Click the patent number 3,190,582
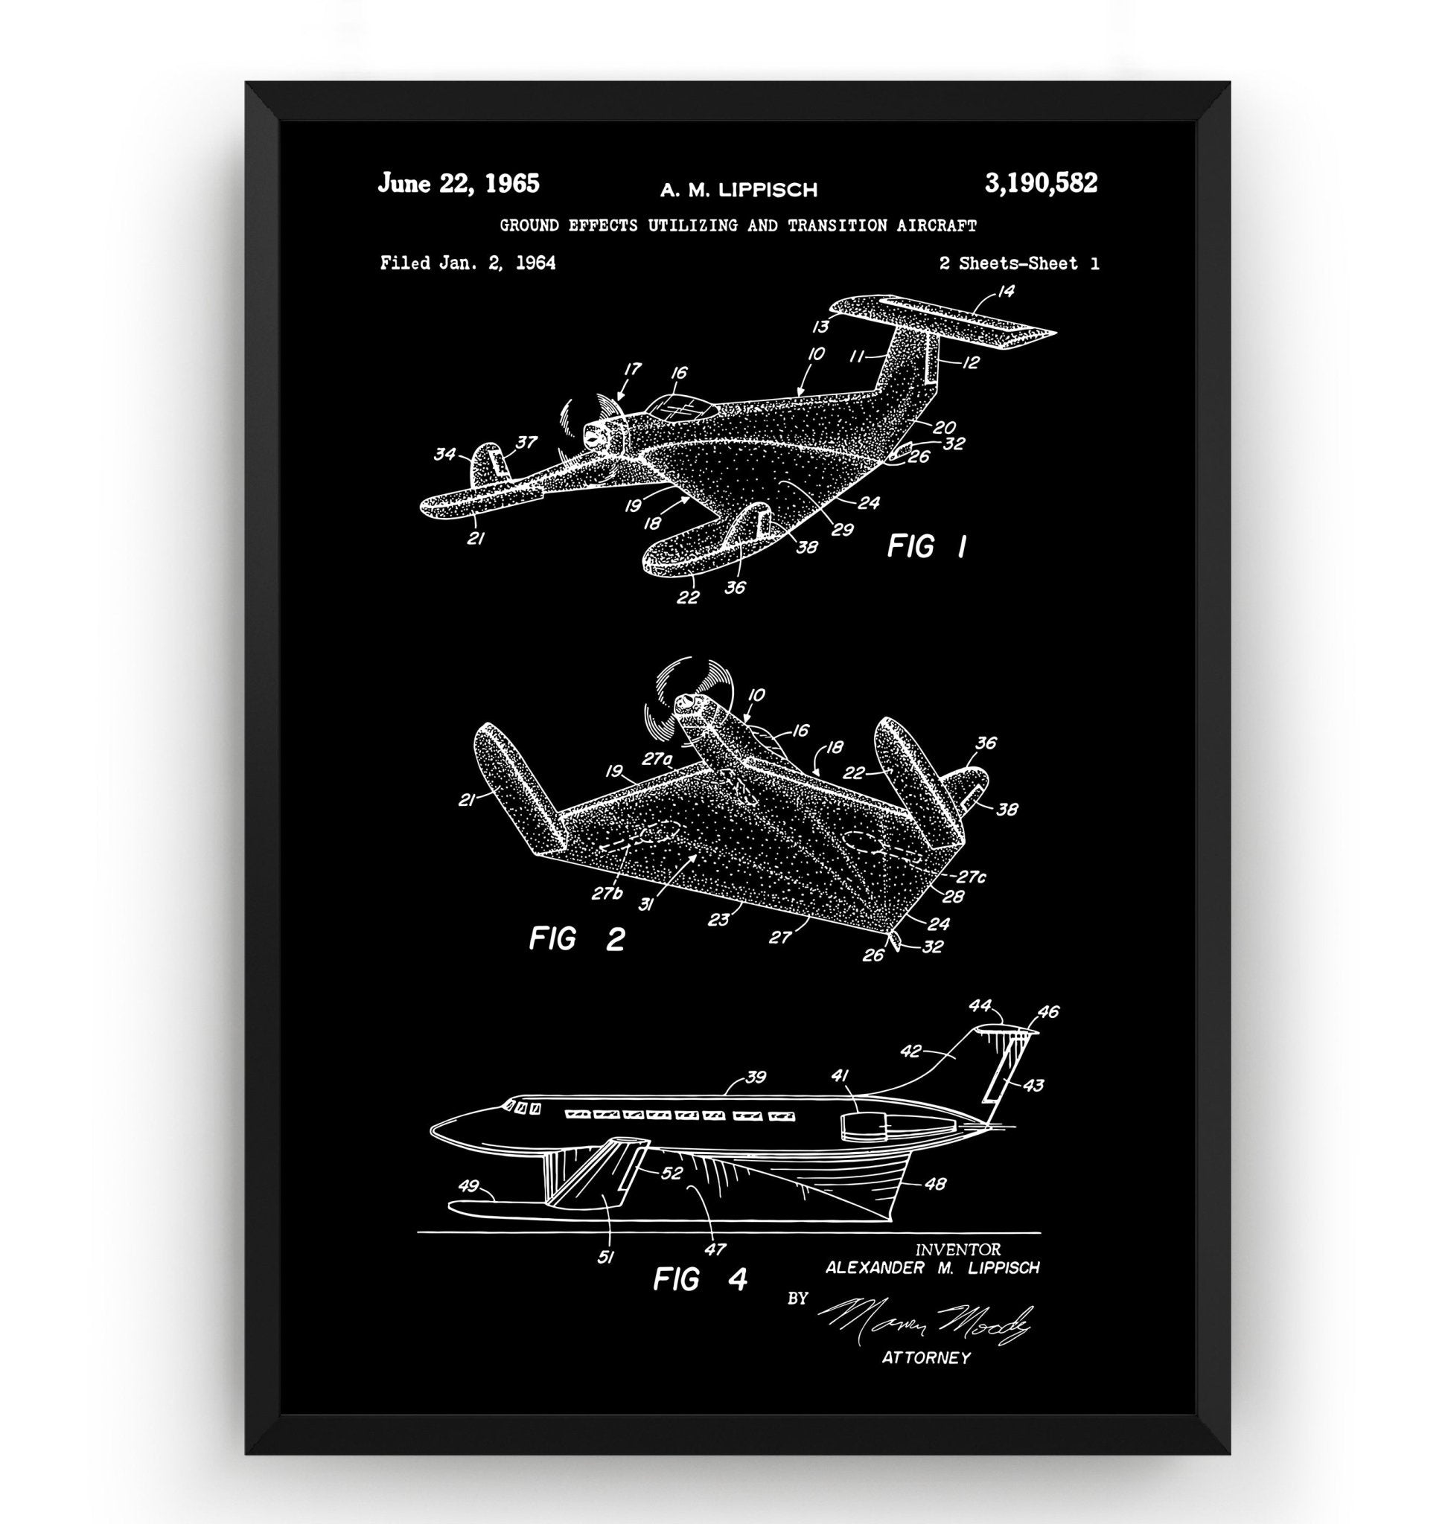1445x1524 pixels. pyautogui.click(x=1041, y=184)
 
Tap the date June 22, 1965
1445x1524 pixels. pyautogui.click(x=459, y=184)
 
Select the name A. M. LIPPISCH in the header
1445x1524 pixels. pyautogui.click(x=738, y=190)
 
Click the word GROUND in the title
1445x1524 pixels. pyautogui.click(x=530, y=225)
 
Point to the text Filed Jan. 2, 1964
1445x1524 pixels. pyautogui.click(x=468, y=263)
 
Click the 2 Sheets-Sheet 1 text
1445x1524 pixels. pyautogui.click(x=1019, y=263)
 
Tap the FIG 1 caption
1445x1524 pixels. pyautogui.click(x=927, y=547)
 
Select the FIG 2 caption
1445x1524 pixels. pyautogui.click(x=576, y=939)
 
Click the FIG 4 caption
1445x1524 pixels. pyautogui.click(x=700, y=1279)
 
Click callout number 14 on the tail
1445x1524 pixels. pyautogui.click(x=1005, y=291)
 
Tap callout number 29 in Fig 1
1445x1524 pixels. pyautogui.click(x=843, y=529)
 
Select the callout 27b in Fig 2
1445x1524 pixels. pyautogui.click(x=607, y=893)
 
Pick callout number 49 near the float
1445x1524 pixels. pyautogui.click(x=468, y=1186)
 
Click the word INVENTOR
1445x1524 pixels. pyautogui.click(x=957, y=1249)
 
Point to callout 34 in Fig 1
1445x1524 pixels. pyautogui.click(x=444, y=455)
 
